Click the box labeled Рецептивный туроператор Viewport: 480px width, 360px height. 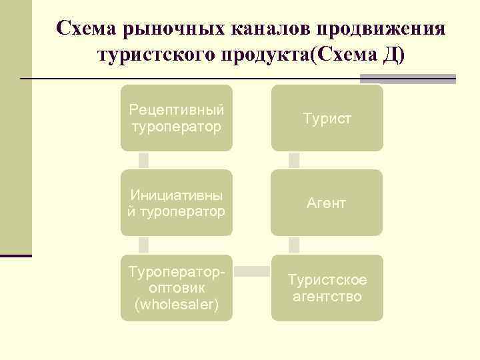177,117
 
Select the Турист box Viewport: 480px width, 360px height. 327,117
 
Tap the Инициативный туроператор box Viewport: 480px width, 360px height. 177,203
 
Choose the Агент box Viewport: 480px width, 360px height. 327,203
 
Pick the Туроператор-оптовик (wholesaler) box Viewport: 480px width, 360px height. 177,288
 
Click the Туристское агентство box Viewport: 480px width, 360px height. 327,288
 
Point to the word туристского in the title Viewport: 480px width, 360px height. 155,55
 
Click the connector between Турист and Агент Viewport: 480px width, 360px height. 294,160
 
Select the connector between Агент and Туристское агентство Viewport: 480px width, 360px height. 294,245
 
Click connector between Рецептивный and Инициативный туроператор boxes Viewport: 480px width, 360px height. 143,160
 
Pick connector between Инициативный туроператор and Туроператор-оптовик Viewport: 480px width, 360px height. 143,245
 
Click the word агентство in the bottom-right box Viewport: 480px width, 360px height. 327,296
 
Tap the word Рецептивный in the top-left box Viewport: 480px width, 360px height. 177,109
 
